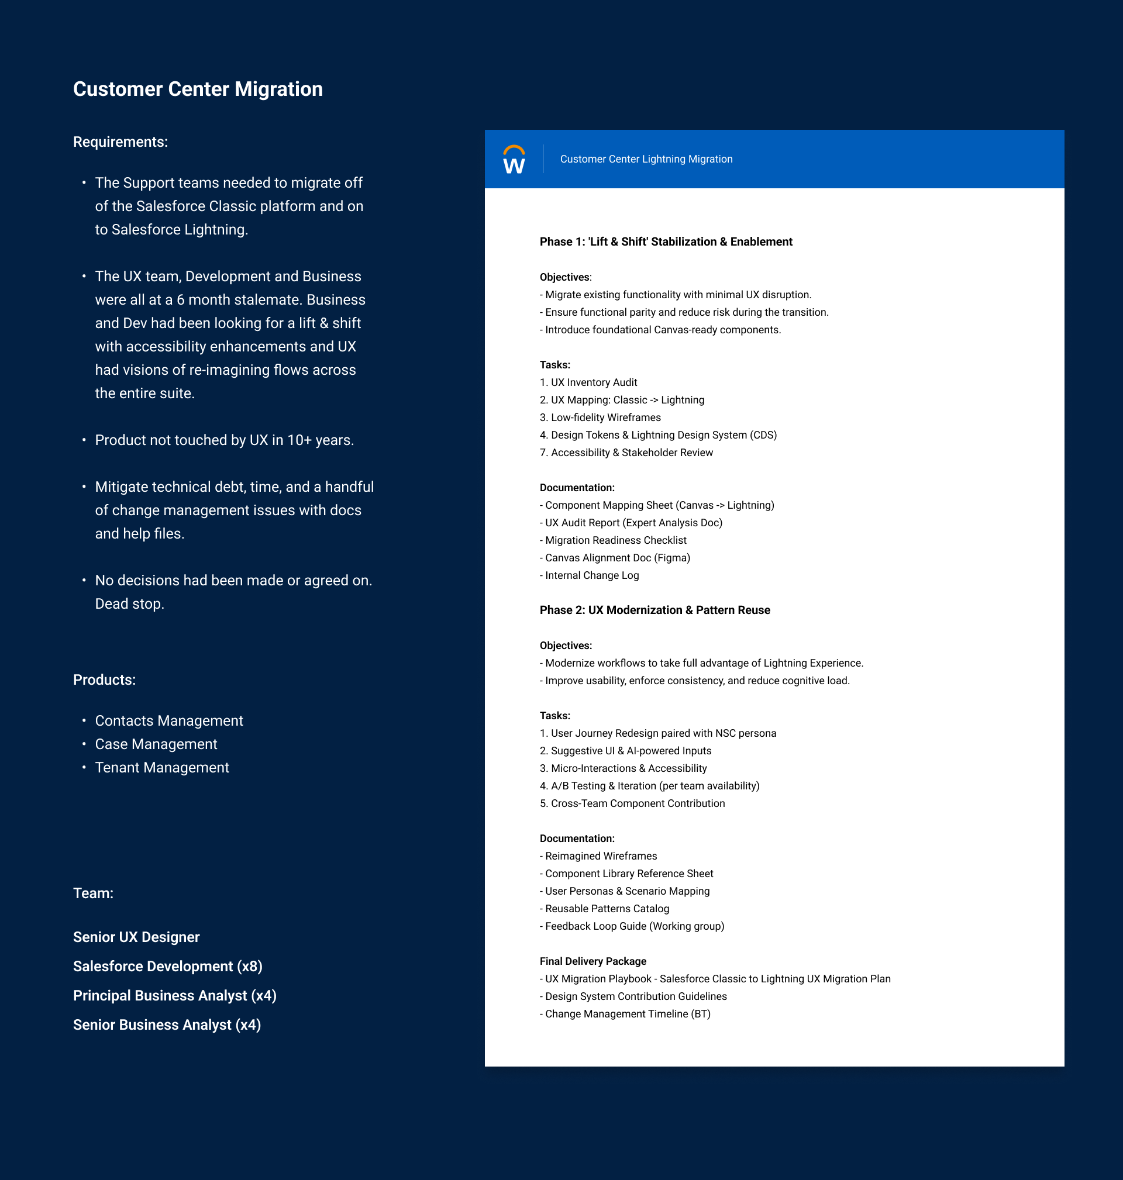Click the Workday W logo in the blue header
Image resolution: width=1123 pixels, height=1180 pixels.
pos(514,160)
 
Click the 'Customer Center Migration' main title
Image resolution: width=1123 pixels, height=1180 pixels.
pos(198,89)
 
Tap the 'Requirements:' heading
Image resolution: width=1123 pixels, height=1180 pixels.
pos(120,142)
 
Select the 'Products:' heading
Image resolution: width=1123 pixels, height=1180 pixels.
pos(104,679)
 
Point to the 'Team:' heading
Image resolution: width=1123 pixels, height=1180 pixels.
pos(93,893)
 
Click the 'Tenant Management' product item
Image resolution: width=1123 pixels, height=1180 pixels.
pos(161,768)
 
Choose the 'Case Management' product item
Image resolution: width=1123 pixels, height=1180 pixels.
pos(156,744)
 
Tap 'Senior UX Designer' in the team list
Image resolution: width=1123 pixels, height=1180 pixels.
pos(136,937)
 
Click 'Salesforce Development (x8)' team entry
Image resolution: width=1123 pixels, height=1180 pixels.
pos(168,967)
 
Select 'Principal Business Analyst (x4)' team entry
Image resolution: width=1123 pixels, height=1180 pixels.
pos(174,996)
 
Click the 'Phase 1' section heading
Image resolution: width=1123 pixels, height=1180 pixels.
pos(666,241)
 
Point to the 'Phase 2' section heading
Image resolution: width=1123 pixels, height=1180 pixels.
pos(654,610)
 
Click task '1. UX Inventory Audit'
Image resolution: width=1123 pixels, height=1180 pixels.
pos(588,382)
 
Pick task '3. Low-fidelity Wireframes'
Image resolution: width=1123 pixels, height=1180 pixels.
pos(600,418)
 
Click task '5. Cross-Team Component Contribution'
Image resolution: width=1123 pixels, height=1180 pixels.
pos(632,803)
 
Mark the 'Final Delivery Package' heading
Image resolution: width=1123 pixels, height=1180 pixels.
pos(592,961)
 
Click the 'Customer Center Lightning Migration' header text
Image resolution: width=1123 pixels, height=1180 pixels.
pos(646,159)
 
